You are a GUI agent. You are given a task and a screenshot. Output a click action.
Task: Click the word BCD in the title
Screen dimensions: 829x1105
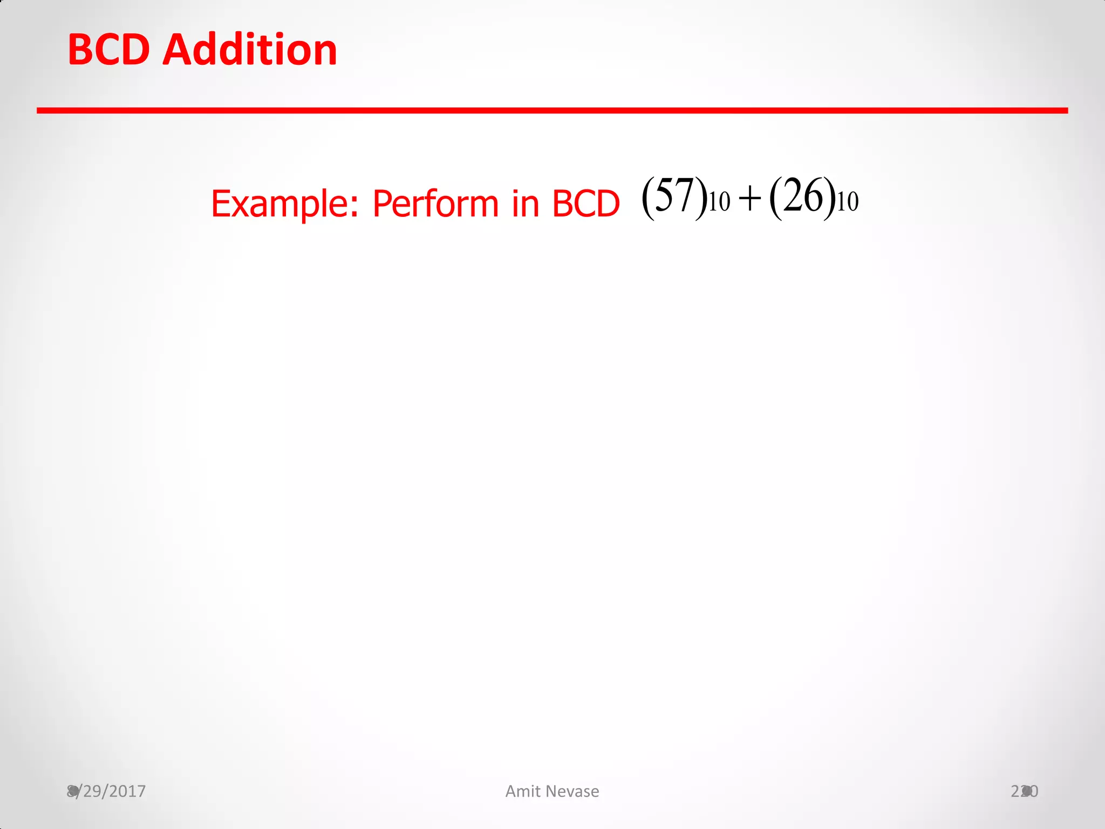pyautogui.click(x=108, y=50)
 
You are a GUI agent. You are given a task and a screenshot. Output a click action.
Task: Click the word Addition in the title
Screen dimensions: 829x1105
pyautogui.click(x=250, y=50)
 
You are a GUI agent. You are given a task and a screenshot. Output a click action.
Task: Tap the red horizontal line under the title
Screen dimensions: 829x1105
pyautogui.click(x=552, y=111)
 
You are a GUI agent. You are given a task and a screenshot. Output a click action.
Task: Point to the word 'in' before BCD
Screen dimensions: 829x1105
pyautogui.click(x=526, y=204)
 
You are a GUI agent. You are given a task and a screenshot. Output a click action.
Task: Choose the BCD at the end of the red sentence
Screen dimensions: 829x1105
pyautogui.click(x=586, y=204)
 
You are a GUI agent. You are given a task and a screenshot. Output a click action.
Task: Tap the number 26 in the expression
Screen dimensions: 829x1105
pyautogui.click(x=803, y=196)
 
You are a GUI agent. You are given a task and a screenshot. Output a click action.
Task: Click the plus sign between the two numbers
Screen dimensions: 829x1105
pyautogui.click(x=750, y=199)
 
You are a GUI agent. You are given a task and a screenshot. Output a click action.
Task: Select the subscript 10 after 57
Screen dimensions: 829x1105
pyautogui.click(x=719, y=203)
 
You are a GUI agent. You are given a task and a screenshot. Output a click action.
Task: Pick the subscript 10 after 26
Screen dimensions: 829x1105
pyautogui.click(x=848, y=203)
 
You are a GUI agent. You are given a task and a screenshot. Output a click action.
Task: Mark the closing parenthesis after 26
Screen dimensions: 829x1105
pyautogui.click(x=829, y=199)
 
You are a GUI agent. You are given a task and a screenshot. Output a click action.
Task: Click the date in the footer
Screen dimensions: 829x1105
pyautogui.click(x=106, y=791)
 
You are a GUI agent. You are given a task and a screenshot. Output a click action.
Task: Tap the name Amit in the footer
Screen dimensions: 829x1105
pyautogui.click(x=523, y=791)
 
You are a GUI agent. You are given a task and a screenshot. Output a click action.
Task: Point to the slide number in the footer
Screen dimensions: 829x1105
pyautogui.click(x=1025, y=791)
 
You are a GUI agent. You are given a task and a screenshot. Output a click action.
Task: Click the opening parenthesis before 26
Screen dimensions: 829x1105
pyautogui.click(x=776, y=199)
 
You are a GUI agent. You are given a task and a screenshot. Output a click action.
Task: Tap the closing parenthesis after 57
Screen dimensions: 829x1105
pyautogui.click(x=701, y=199)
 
